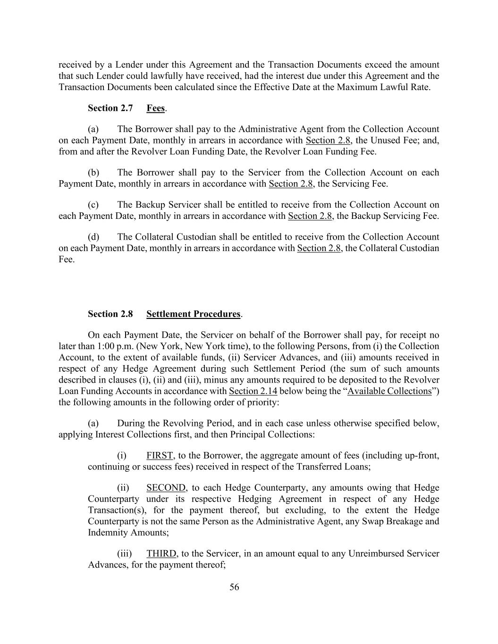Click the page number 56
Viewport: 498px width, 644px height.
pos(234,587)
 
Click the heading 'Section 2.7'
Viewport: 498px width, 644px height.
pos(110,108)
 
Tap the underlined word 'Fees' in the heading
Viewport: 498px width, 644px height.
pos(155,108)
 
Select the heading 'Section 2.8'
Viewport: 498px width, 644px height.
pos(110,314)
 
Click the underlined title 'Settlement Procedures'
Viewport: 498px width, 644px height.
pos(194,314)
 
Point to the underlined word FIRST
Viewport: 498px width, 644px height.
pos(160,455)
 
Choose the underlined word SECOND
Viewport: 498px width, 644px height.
pos(166,487)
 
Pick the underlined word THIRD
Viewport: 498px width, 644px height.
pos(161,553)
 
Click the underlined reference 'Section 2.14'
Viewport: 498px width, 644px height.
pos(253,391)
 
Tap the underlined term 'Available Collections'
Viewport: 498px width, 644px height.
pos(389,391)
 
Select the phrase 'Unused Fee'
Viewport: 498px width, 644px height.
pos(395,140)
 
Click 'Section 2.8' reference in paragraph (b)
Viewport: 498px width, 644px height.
pos(291,184)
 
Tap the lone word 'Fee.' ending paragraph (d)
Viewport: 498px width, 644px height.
pos(67,259)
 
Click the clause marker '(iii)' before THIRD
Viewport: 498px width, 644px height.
pos(125,553)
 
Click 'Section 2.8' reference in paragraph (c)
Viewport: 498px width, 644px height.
pos(310,216)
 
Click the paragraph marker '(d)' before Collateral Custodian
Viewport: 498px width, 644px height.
pos(93,237)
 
